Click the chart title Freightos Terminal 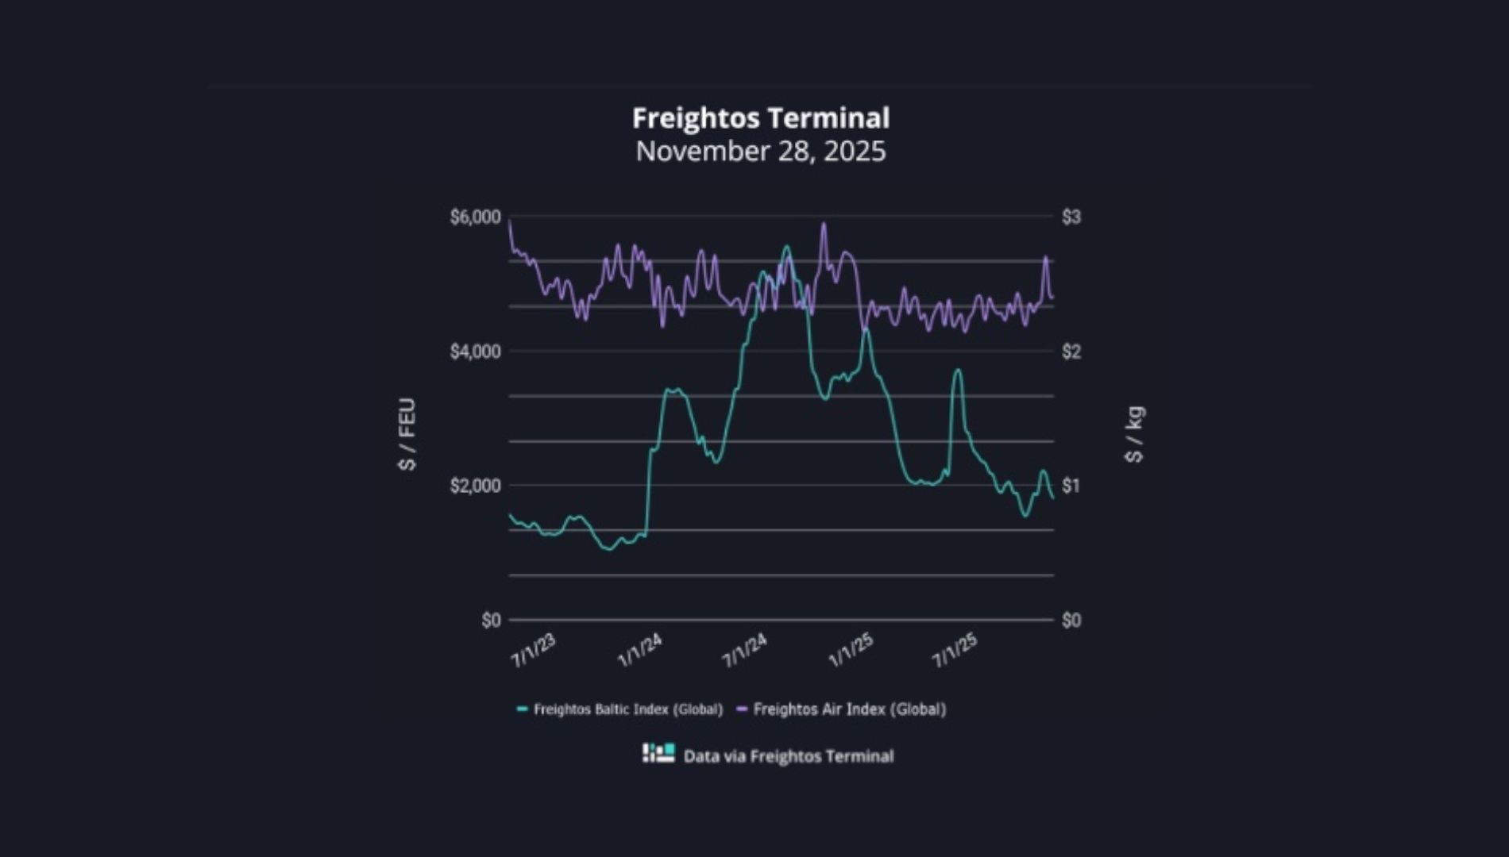pos(761,118)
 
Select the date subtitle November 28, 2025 pos(761,151)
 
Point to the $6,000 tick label pos(475,217)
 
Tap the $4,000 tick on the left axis pos(475,352)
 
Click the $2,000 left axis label pos(475,486)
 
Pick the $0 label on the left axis pos(491,621)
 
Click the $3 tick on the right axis pos(1071,217)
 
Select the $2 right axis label pos(1071,352)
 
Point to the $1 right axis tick pos(1071,486)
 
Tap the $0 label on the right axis pos(1071,621)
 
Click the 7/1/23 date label pos(534,651)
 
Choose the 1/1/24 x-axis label pos(640,651)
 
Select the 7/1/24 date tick pos(745,651)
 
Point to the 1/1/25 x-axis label pos(851,651)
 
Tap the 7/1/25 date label pos(955,651)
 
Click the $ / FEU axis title pos(407,434)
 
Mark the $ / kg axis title pos(1134,434)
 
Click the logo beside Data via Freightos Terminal pos(658,753)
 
